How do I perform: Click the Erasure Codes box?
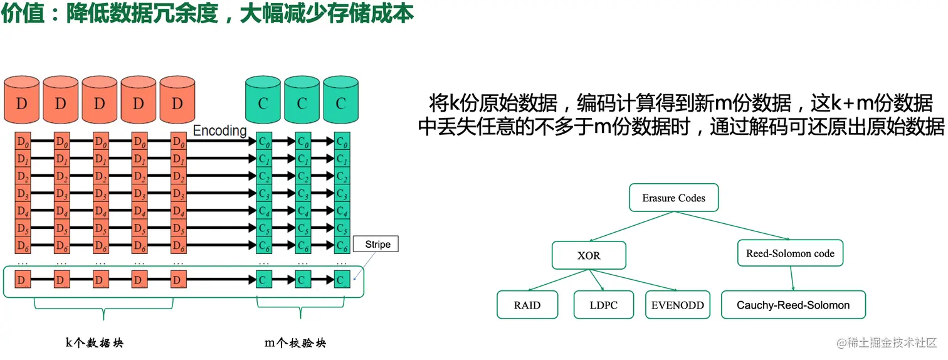coord(673,198)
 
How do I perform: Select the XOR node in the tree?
coord(588,256)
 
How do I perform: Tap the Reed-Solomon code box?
coord(790,253)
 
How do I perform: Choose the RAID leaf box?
coord(527,305)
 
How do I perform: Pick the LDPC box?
coord(604,305)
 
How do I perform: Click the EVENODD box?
coord(677,305)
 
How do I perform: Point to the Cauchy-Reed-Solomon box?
coord(793,305)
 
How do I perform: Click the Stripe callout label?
coord(377,245)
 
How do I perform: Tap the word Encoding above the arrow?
coord(219,130)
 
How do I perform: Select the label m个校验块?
coord(295,342)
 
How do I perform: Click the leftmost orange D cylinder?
coord(22,100)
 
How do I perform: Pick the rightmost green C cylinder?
coord(341,100)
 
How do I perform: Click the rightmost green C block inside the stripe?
coord(342,280)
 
